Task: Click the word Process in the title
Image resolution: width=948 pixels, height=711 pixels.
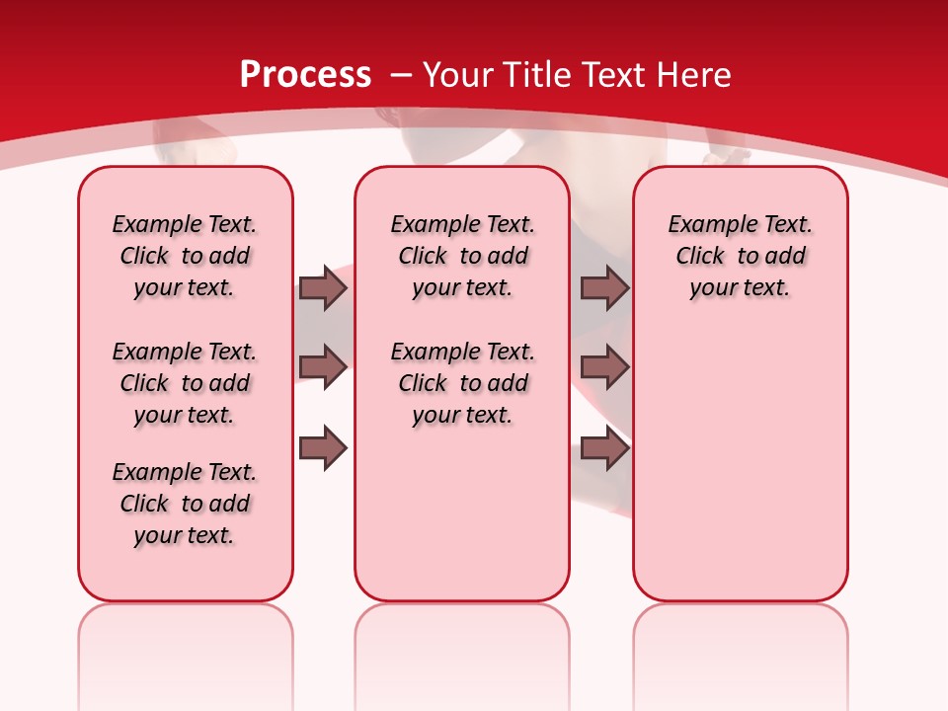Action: coord(305,75)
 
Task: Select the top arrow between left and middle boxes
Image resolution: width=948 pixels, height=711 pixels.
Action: coord(323,287)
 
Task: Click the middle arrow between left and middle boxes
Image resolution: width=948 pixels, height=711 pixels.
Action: coord(323,367)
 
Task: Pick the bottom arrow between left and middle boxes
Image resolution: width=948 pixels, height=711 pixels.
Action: coord(323,448)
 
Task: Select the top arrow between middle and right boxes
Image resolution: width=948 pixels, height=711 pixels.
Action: coord(604,287)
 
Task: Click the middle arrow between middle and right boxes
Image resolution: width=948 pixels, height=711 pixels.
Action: coord(604,367)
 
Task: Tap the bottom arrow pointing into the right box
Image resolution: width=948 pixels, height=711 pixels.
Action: coord(604,448)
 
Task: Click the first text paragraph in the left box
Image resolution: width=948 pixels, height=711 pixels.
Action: coord(185,256)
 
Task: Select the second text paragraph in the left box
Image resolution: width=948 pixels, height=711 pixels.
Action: coord(185,383)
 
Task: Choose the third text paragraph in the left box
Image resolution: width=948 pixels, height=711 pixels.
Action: coord(185,504)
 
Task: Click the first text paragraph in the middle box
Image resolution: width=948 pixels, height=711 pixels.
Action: coord(462,256)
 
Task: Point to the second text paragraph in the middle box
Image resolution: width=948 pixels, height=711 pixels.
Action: coord(462,383)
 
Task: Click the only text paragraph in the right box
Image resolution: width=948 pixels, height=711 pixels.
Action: coord(740,256)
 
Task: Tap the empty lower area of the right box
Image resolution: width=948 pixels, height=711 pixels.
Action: coord(740,474)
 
